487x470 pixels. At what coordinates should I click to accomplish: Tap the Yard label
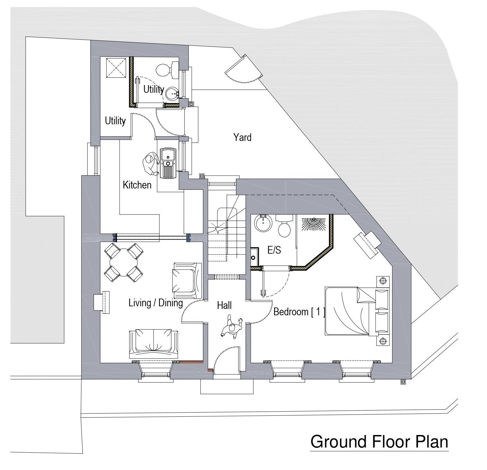(x=242, y=137)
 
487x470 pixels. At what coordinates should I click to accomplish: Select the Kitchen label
(x=137, y=185)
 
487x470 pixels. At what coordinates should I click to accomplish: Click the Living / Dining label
(x=155, y=303)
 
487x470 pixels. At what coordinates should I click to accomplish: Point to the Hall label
(x=224, y=305)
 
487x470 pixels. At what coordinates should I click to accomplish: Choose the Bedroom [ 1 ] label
(x=299, y=312)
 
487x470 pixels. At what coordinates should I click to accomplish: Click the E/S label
(x=274, y=250)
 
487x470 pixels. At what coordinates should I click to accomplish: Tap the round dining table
(x=124, y=262)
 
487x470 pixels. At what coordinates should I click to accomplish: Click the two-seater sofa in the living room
(x=153, y=344)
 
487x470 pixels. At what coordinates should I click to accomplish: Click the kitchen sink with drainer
(x=167, y=163)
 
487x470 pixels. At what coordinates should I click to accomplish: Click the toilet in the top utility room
(x=168, y=69)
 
